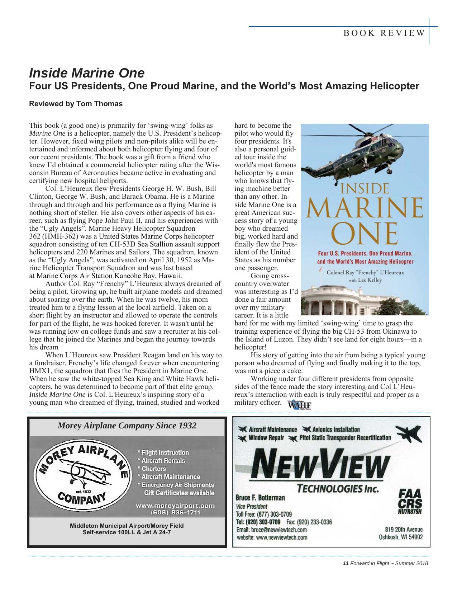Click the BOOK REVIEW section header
pos(384,33)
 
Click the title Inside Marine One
pos(86,73)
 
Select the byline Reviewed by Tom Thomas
pos(76,104)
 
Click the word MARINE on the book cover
pos(364,208)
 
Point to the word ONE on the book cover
pos(364,234)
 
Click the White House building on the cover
pos(344,300)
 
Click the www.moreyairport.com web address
pos(175,506)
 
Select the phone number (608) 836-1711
pos(175,512)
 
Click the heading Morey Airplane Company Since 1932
pos(127,426)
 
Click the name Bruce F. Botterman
pos(260,498)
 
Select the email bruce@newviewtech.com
pos(271,530)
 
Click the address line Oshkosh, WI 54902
pos(400,537)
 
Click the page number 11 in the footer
pos(346,563)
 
